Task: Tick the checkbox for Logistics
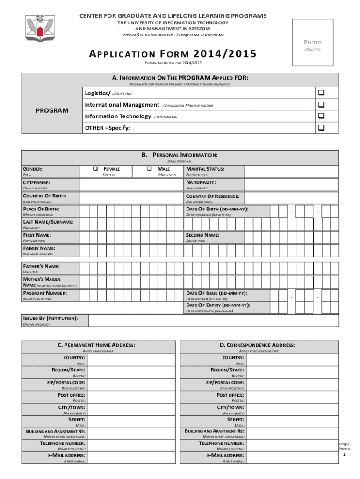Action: [x=321, y=94]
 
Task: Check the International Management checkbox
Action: [x=321, y=105]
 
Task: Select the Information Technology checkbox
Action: [x=321, y=116]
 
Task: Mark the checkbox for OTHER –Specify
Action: [x=321, y=127]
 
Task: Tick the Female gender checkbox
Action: [x=94, y=168]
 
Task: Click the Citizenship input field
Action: [x=132, y=184]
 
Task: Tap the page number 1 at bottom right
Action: [x=345, y=454]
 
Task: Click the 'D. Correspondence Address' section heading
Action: [x=258, y=345]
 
